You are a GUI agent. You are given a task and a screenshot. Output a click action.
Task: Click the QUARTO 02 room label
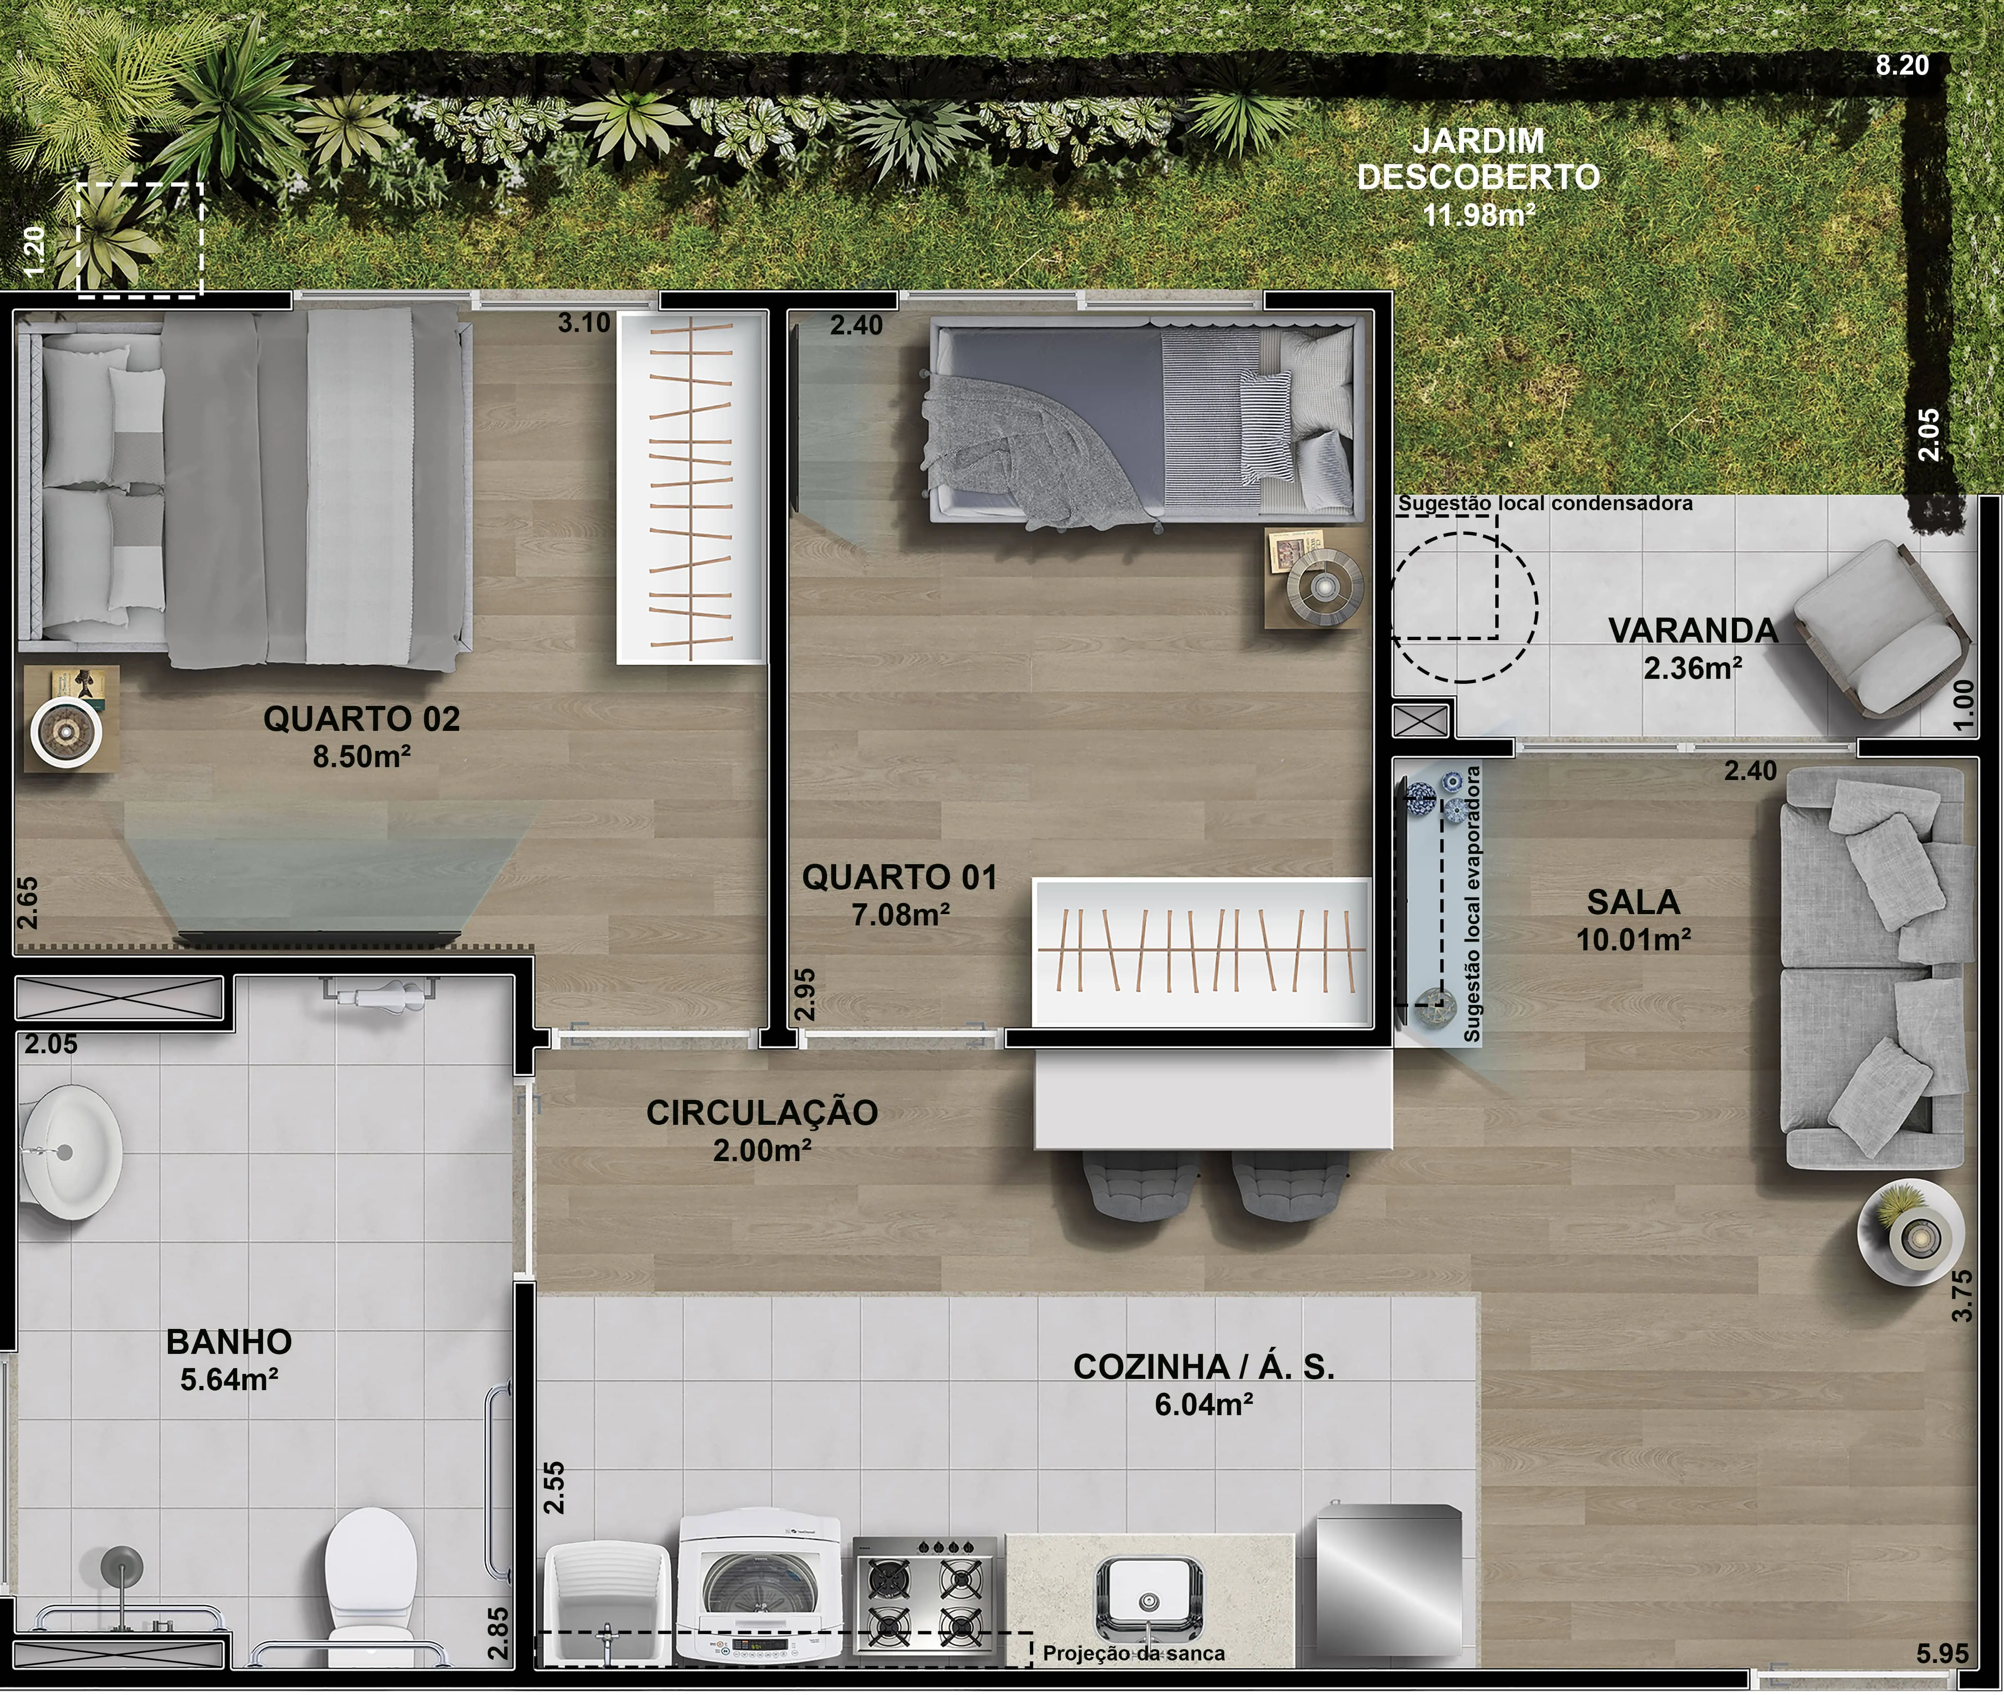click(361, 719)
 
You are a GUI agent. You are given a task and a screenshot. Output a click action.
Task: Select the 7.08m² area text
click(901, 914)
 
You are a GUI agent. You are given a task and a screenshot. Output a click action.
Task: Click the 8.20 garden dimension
click(1902, 65)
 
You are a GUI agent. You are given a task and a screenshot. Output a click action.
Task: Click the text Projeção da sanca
click(1134, 1653)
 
